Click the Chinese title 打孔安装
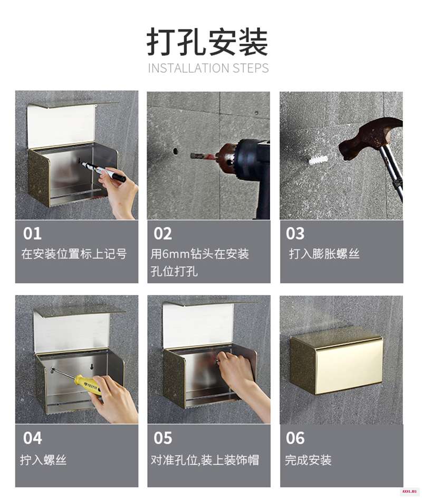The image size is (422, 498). click(207, 42)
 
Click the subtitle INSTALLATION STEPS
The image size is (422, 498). click(208, 68)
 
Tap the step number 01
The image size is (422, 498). click(32, 233)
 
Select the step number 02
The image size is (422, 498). click(163, 233)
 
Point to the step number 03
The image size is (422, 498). click(295, 233)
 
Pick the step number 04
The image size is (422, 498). click(32, 438)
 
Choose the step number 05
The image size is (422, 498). click(163, 438)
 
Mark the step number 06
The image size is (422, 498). click(295, 438)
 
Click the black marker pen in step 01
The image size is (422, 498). click(103, 171)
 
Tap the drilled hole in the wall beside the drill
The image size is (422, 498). click(175, 151)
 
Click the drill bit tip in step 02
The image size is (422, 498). click(192, 155)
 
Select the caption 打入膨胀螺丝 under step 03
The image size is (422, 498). click(324, 254)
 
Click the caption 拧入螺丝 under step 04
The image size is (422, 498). click(43, 460)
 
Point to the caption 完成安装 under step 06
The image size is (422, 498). click(308, 460)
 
